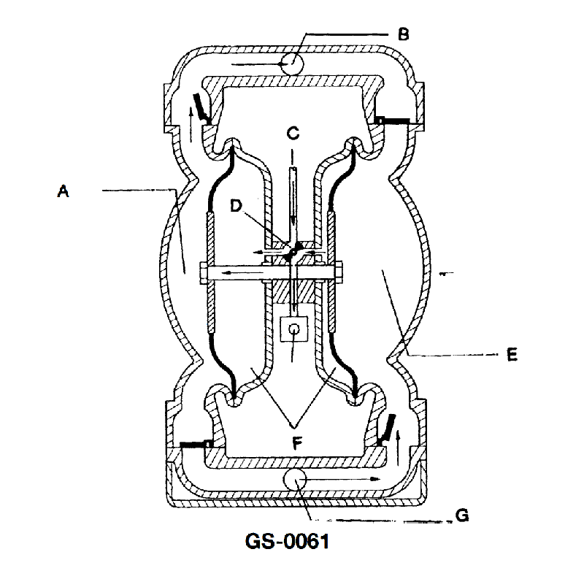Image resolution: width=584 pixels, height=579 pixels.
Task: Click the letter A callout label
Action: coord(64,191)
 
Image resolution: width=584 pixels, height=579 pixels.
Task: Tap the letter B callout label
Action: coord(404,34)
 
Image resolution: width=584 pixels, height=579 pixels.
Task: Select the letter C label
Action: coord(293,134)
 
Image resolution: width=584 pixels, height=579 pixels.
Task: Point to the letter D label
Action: coord(236,205)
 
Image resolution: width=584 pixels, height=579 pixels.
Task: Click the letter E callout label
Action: coord(512,354)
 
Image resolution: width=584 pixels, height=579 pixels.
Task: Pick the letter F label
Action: coord(297,443)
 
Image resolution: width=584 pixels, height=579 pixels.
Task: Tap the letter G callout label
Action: coord(462,515)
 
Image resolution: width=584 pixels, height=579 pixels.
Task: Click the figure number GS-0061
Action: coord(287,541)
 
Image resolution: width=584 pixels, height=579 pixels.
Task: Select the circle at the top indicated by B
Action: coord(293,64)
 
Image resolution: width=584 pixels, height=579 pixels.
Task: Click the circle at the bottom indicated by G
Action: coord(295,480)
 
